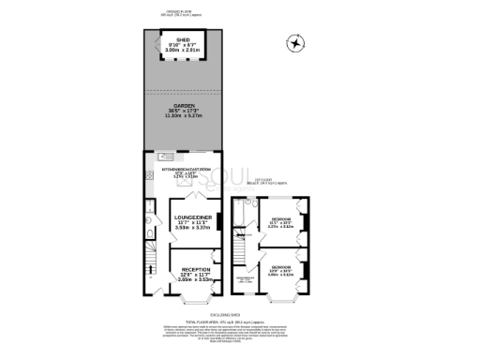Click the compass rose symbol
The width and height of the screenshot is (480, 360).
click(x=297, y=42)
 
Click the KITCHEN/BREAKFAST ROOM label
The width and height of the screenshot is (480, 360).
click(x=183, y=170)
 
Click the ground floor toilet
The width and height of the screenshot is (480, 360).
click(x=149, y=223)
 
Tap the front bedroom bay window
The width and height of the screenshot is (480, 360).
click(x=279, y=300)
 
